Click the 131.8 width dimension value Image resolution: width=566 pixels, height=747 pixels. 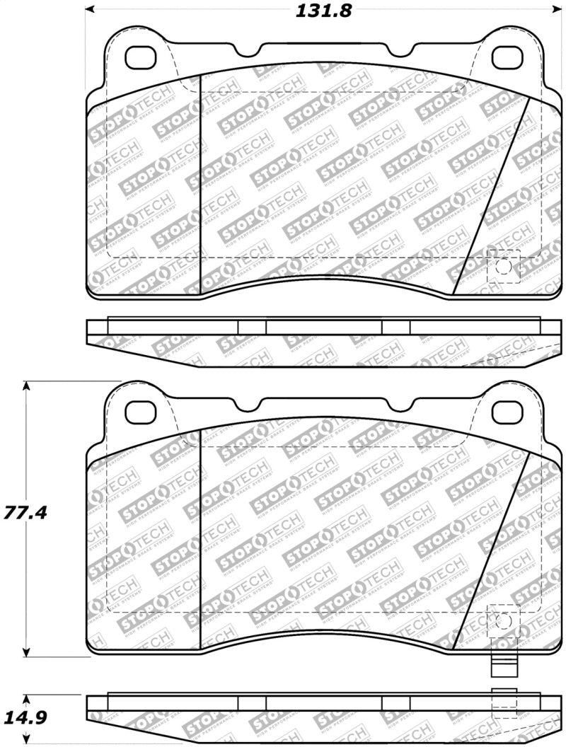click(x=323, y=11)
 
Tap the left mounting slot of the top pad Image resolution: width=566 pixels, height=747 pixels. click(x=140, y=57)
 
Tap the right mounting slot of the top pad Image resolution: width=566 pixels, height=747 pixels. click(x=507, y=57)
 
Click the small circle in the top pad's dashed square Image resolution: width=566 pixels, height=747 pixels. click(x=503, y=267)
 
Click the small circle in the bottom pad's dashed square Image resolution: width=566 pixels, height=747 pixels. click(x=503, y=622)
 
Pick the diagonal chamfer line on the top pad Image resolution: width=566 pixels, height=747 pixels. click(x=490, y=196)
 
